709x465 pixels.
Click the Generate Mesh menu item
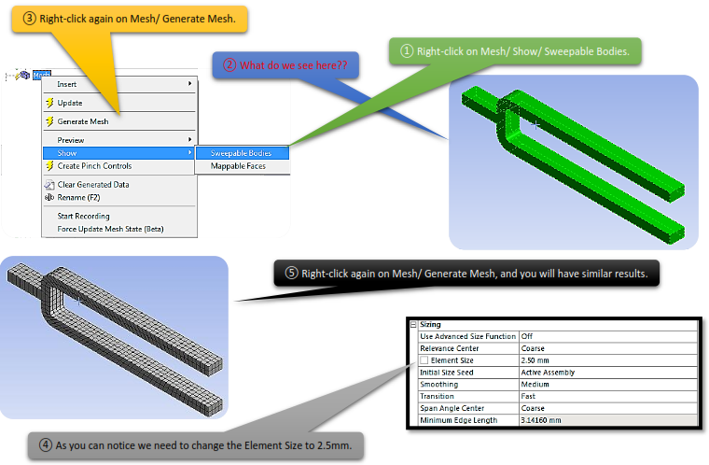tap(83, 121)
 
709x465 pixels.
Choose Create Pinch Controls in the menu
tap(94, 166)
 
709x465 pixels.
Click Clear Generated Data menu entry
tap(93, 185)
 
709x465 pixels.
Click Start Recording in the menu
tap(83, 217)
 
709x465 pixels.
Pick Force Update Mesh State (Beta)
tap(110, 229)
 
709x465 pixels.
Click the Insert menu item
tap(68, 84)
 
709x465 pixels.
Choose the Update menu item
tap(70, 103)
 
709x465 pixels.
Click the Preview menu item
tap(71, 140)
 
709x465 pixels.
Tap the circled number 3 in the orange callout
tap(30, 18)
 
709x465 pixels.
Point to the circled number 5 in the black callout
tap(291, 274)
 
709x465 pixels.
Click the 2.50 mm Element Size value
tap(536, 359)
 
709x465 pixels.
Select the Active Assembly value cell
tap(549, 372)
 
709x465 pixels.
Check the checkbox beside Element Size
tap(424, 359)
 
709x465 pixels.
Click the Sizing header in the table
tap(431, 324)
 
